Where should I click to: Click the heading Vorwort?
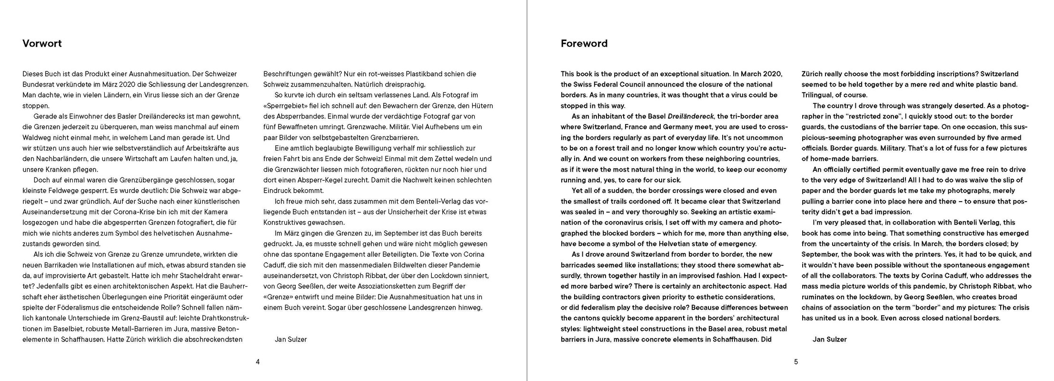(42, 44)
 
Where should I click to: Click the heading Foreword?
(584, 44)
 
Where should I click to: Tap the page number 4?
(258, 361)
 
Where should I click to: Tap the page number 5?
(796, 361)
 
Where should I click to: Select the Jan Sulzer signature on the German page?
(290, 339)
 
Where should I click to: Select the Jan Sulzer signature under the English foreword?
(830, 339)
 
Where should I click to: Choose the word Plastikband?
(426, 74)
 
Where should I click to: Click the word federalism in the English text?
(590, 307)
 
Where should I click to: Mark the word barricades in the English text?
(579, 264)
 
